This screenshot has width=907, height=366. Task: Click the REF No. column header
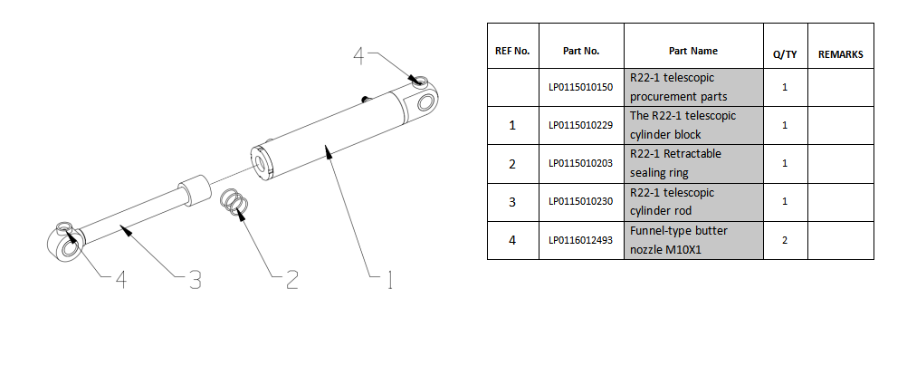tap(512, 51)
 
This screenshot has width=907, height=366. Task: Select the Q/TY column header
tap(785, 53)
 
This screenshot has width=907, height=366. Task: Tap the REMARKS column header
tap(841, 53)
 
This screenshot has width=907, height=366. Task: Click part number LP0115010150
tap(581, 87)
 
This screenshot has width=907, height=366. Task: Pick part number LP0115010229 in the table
tap(581, 125)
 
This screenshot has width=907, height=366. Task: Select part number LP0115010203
tap(581, 163)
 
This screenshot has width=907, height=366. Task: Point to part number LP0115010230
tap(581, 201)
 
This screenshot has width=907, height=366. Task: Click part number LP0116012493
tap(581, 240)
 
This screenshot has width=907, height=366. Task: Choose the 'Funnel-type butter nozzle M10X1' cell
tap(693, 240)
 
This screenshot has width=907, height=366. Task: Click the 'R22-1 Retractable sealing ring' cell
tap(693, 163)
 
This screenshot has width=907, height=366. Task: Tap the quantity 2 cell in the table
tap(785, 240)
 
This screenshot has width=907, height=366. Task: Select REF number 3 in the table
tap(512, 202)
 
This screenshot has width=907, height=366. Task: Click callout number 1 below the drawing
tap(390, 280)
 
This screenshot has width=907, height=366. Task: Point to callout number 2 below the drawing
tap(292, 280)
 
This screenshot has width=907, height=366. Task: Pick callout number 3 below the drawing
tap(195, 280)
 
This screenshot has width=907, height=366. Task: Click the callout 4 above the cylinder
tap(359, 56)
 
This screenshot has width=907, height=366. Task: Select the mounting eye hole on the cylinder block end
tap(425, 102)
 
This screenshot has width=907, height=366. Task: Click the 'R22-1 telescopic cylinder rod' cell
tap(693, 201)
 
